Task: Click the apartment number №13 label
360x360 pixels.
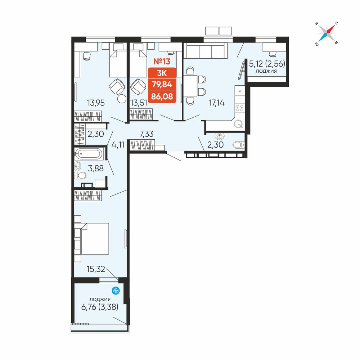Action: [x=162, y=61]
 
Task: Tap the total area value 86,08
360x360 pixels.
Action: [x=162, y=96]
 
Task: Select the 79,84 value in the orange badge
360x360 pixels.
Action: [x=162, y=85]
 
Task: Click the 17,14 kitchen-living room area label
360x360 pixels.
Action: [x=216, y=103]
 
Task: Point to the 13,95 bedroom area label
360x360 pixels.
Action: [x=96, y=103]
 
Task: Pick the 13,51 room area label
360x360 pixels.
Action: [x=139, y=103]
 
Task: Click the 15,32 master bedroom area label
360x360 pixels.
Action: [x=96, y=269]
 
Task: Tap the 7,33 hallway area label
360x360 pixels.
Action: [x=147, y=134]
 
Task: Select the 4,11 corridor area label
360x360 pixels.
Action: [x=118, y=145]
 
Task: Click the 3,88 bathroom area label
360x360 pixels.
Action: [x=96, y=168]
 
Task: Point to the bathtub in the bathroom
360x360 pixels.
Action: [x=89, y=154]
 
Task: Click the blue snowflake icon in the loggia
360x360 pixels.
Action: [x=116, y=291]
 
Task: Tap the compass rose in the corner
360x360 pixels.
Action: [x=327, y=33]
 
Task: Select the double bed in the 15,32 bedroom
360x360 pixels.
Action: [x=95, y=239]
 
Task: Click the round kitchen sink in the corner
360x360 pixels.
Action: [x=238, y=125]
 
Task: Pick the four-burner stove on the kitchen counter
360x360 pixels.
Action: [x=240, y=108]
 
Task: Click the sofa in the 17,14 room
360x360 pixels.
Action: [x=207, y=50]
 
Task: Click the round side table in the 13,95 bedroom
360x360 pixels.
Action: [x=122, y=99]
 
